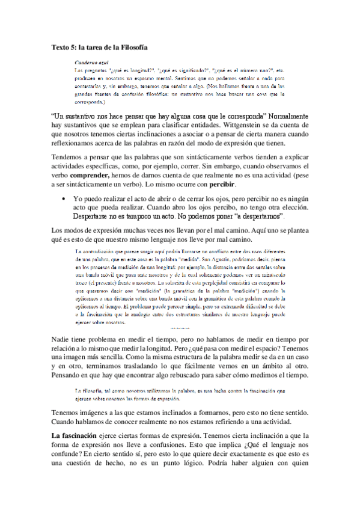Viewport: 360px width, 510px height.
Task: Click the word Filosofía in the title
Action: [x=130, y=46]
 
